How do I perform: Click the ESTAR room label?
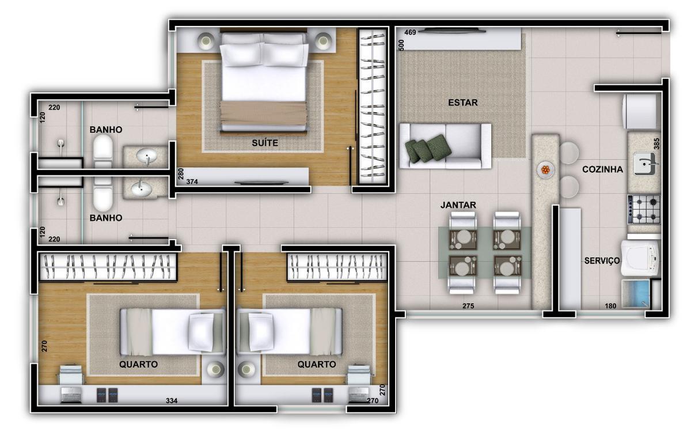(463, 103)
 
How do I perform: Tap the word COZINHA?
(602, 169)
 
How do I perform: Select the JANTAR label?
(458, 205)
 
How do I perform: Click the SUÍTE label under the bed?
(265, 143)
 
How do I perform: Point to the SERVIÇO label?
(602, 261)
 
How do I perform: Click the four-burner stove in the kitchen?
(644, 209)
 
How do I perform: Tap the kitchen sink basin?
(645, 164)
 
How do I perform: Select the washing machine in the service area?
(640, 258)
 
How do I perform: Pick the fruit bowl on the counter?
(545, 170)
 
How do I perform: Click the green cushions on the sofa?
(428, 149)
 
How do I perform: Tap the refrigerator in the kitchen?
(640, 111)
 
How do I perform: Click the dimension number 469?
(410, 32)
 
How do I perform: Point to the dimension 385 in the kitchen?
(656, 144)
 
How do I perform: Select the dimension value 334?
(172, 401)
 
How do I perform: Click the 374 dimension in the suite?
(192, 182)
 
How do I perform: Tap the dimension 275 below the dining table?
(468, 306)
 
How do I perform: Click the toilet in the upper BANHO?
(103, 152)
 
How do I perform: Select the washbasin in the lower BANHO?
(142, 188)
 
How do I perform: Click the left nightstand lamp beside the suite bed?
(206, 41)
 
